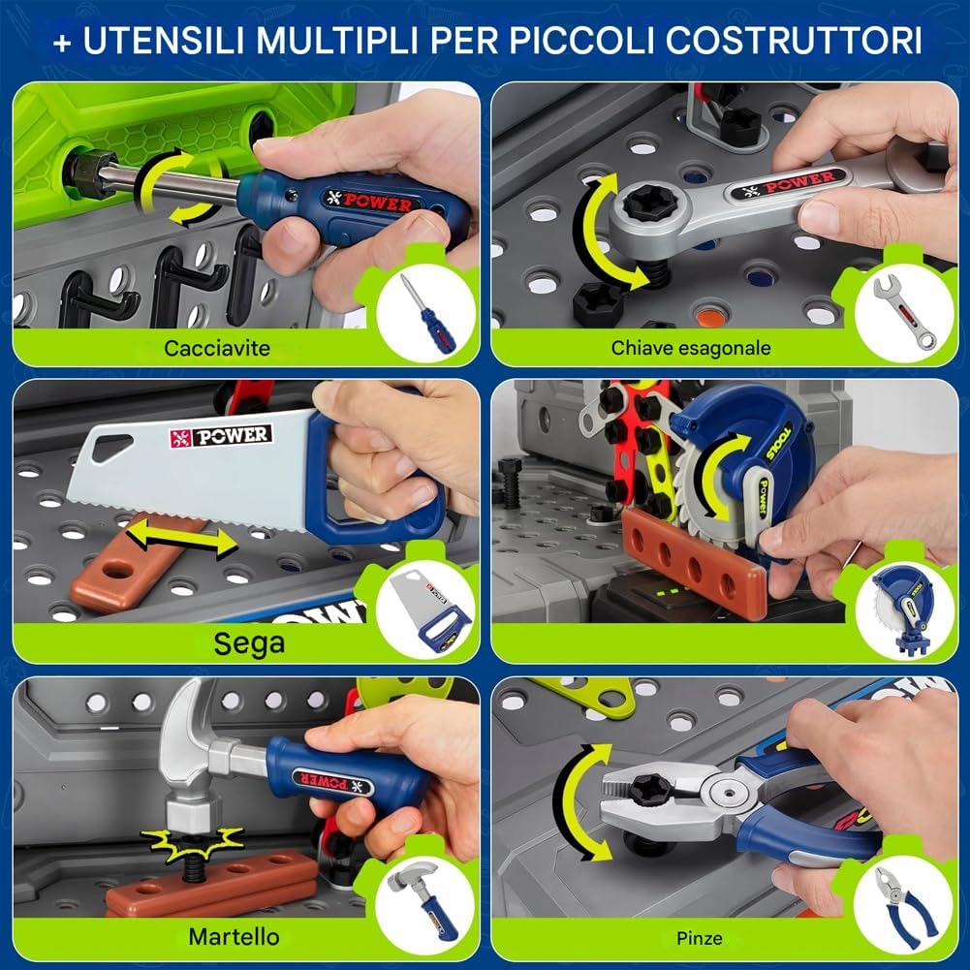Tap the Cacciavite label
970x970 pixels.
coord(217,348)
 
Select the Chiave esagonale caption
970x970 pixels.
coord(691,348)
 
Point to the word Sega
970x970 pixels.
coord(249,643)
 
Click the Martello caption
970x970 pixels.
coord(234,937)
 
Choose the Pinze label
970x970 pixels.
coord(699,938)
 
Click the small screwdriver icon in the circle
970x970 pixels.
coord(427,314)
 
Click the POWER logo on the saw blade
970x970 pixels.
coord(221,436)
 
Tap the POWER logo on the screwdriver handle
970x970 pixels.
coord(368,201)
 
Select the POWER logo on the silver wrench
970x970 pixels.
coord(786,184)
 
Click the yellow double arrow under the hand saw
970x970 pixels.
coord(181,536)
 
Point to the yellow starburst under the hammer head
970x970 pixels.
coord(193,844)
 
